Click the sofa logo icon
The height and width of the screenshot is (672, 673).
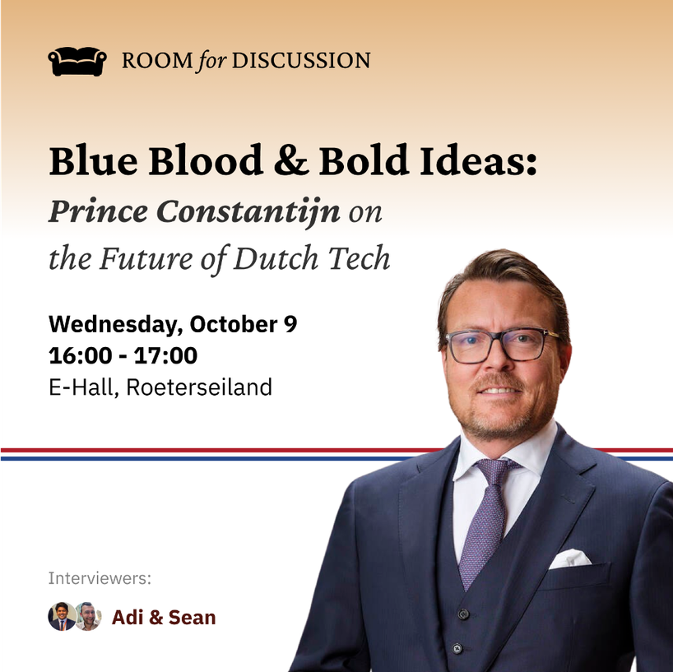tap(77, 61)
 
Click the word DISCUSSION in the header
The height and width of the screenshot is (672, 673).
tap(301, 61)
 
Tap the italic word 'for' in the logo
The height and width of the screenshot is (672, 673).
tap(212, 61)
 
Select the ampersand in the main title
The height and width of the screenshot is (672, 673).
tap(291, 160)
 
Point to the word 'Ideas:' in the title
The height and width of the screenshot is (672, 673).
tap(479, 160)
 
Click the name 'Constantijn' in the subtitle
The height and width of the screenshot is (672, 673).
tap(248, 212)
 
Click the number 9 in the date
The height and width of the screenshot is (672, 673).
tap(290, 324)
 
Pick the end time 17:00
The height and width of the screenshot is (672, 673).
tap(165, 355)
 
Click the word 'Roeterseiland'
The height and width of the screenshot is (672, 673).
tap(199, 387)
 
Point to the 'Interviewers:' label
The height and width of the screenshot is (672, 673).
tap(100, 578)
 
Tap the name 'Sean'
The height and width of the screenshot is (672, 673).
tap(192, 618)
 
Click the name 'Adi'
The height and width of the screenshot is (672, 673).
tap(128, 618)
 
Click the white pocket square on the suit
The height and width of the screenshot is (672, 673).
tap(570, 558)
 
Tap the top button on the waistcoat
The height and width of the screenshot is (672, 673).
tap(462, 614)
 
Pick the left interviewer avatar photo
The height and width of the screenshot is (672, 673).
tap(62, 616)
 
